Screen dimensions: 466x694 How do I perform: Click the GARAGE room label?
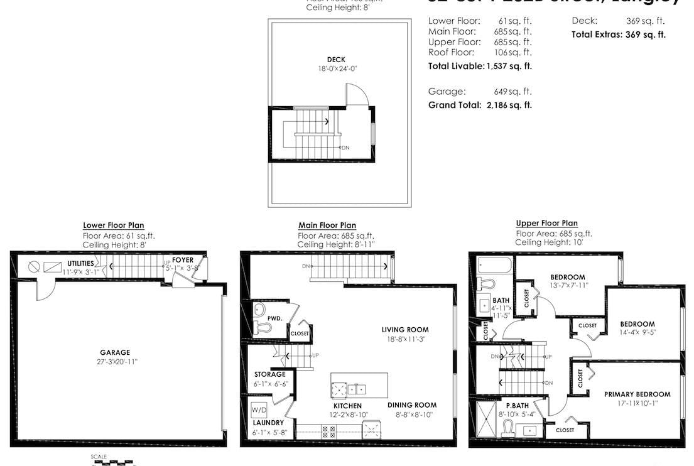pos(115,352)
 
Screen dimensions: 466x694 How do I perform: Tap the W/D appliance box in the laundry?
pos(258,410)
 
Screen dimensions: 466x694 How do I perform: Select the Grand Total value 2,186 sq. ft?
pos(509,105)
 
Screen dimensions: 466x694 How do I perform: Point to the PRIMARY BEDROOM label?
pos(637,394)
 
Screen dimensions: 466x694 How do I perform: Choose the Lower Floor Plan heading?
pos(114,225)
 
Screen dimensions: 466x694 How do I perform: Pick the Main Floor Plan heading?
pos(327,225)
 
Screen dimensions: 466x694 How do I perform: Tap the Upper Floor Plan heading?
pos(546,223)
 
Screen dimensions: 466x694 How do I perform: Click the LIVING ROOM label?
pos(405,330)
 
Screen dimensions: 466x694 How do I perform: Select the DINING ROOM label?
pos(411,405)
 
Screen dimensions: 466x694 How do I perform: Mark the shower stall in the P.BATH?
pos(487,420)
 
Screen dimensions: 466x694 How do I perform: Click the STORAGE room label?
pos(269,374)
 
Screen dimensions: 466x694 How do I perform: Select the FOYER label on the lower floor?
pos(183,259)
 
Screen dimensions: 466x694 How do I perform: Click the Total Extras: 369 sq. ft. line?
pos(618,35)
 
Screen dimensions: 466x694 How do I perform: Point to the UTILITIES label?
pos(80,263)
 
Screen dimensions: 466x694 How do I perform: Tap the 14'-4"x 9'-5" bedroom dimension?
pos(637,333)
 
